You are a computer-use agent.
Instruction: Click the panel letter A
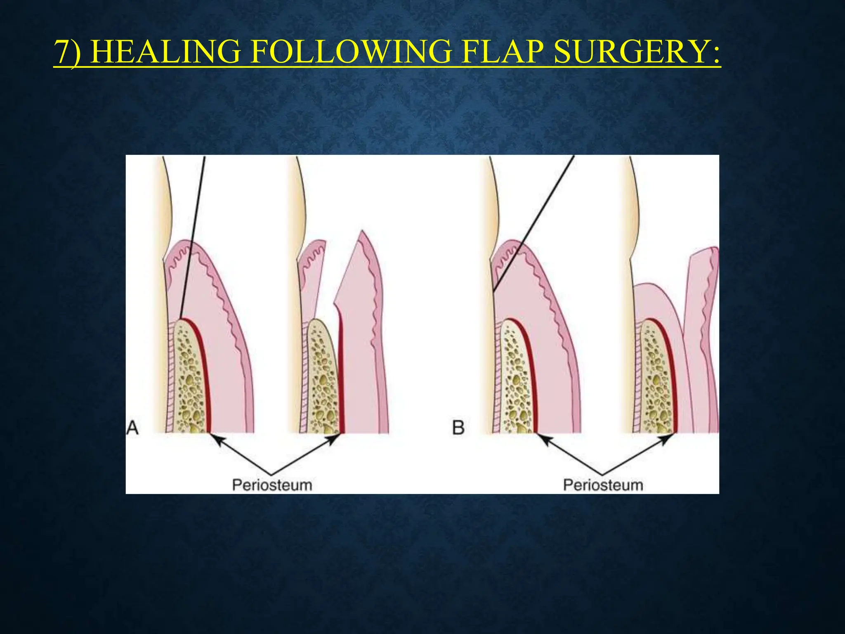coord(132,428)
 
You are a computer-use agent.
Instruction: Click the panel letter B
coord(458,428)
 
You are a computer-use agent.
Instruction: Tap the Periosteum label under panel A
coord(272,485)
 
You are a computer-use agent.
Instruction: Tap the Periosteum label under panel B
coord(603,485)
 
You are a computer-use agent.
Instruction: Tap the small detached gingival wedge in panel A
coord(312,268)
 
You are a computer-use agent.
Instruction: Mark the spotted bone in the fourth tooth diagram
coord(656,380)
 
